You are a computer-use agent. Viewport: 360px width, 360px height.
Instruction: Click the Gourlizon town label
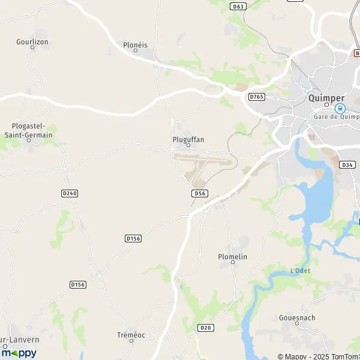click(32, 42)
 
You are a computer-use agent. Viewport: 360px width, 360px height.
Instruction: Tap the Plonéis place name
click(135, 45)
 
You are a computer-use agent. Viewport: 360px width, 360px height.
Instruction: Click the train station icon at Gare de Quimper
click(340, 109)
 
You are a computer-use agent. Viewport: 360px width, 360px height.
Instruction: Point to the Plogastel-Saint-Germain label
click(32, 130)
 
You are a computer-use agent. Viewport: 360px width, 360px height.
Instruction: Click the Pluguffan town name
click(188, 139)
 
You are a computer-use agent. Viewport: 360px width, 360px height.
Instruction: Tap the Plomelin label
click(233, 256)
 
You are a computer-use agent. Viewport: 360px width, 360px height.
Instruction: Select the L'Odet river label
click(300, 271)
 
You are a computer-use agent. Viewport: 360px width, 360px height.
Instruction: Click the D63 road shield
click(238, 6)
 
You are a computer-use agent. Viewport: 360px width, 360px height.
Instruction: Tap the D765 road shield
click(257, 97)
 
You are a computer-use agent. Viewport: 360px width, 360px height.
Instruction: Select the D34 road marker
click(347, 164)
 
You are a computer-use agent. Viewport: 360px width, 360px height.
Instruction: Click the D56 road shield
click(200, 193)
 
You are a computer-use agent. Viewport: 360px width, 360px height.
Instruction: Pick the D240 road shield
click(70, 193)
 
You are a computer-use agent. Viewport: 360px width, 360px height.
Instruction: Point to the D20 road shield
click(206, 328)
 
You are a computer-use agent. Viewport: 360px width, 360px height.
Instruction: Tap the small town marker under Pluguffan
click(188, 145)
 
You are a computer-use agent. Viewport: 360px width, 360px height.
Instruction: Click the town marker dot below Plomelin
click(233, 262)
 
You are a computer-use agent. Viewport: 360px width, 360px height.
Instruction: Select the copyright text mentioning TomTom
click(317, 356)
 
